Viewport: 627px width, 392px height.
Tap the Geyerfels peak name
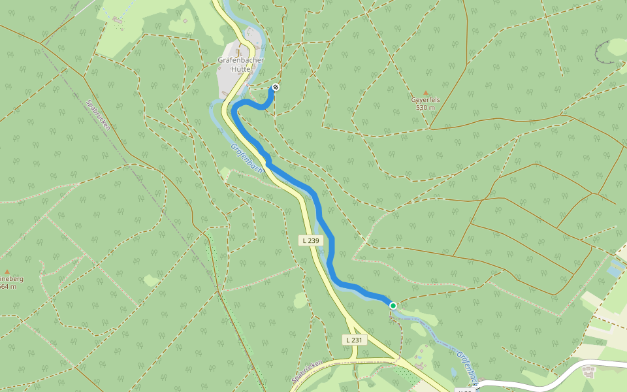tap(425, 100)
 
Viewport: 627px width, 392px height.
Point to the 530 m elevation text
tap(425, 107)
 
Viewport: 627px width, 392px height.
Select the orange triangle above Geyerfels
tap(426, 93)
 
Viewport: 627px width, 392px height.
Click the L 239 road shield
tap(312, 240)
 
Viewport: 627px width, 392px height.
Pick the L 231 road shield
tap(354, 340)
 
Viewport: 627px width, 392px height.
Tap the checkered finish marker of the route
tap(276, 87)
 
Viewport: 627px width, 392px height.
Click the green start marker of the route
tap(393, 305)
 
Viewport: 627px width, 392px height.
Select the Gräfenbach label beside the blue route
tap(246, 159)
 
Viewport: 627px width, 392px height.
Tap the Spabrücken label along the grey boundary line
tap(99, 114)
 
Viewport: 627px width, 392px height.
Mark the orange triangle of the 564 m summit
tap(7, 271)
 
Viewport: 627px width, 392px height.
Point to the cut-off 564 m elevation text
tap(8, 286)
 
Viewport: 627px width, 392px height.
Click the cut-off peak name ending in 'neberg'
tap(11, 278)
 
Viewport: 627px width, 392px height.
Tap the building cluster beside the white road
tap(589, 372)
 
